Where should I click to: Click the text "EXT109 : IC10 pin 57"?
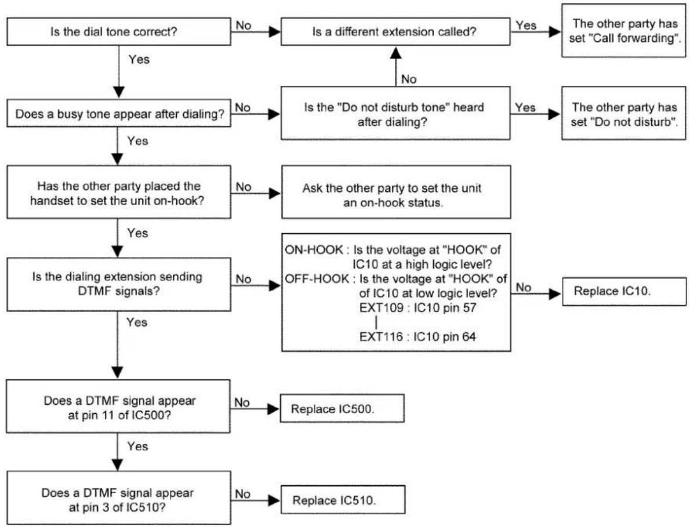417,307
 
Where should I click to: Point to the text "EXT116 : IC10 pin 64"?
417,337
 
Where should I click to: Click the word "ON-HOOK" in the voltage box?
314,250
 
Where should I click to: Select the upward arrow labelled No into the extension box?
396,67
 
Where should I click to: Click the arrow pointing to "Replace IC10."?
536,294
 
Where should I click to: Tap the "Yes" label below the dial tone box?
139,59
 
